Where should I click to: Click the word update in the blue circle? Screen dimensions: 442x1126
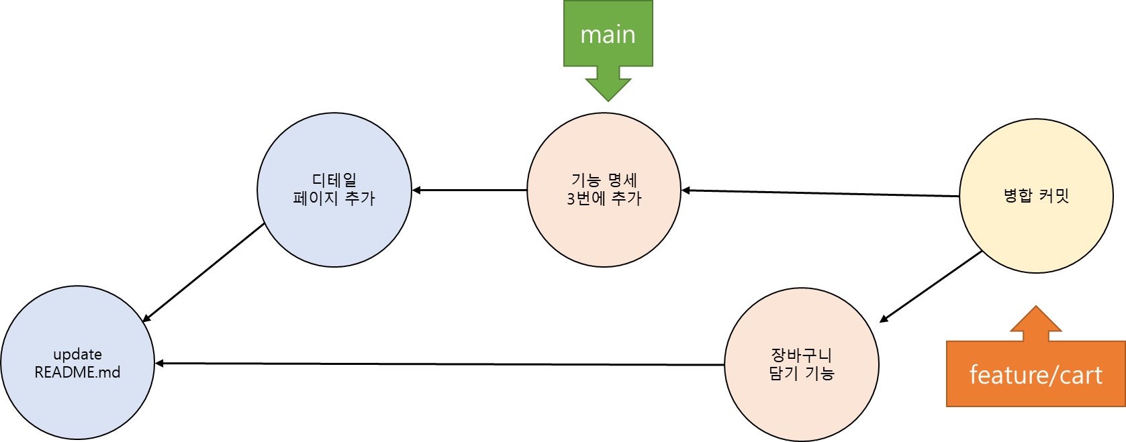click(77, 354)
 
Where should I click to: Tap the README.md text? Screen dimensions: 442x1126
click(77, 372)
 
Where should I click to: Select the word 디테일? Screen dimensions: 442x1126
click(334, 180)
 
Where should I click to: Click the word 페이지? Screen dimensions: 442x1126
click(316, 199)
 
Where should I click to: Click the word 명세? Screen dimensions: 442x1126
click(622, 180)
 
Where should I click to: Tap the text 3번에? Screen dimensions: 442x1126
click(585, 199)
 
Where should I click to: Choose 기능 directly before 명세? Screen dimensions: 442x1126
click(585, 180)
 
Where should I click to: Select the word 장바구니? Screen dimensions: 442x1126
click(802, 354)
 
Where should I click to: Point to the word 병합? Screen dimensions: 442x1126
click(1017, 195)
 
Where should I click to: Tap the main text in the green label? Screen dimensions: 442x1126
click(608, 34)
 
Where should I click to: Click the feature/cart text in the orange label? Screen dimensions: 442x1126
click(1035, 375)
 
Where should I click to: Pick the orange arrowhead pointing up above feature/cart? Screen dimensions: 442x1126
click(1036, 320)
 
